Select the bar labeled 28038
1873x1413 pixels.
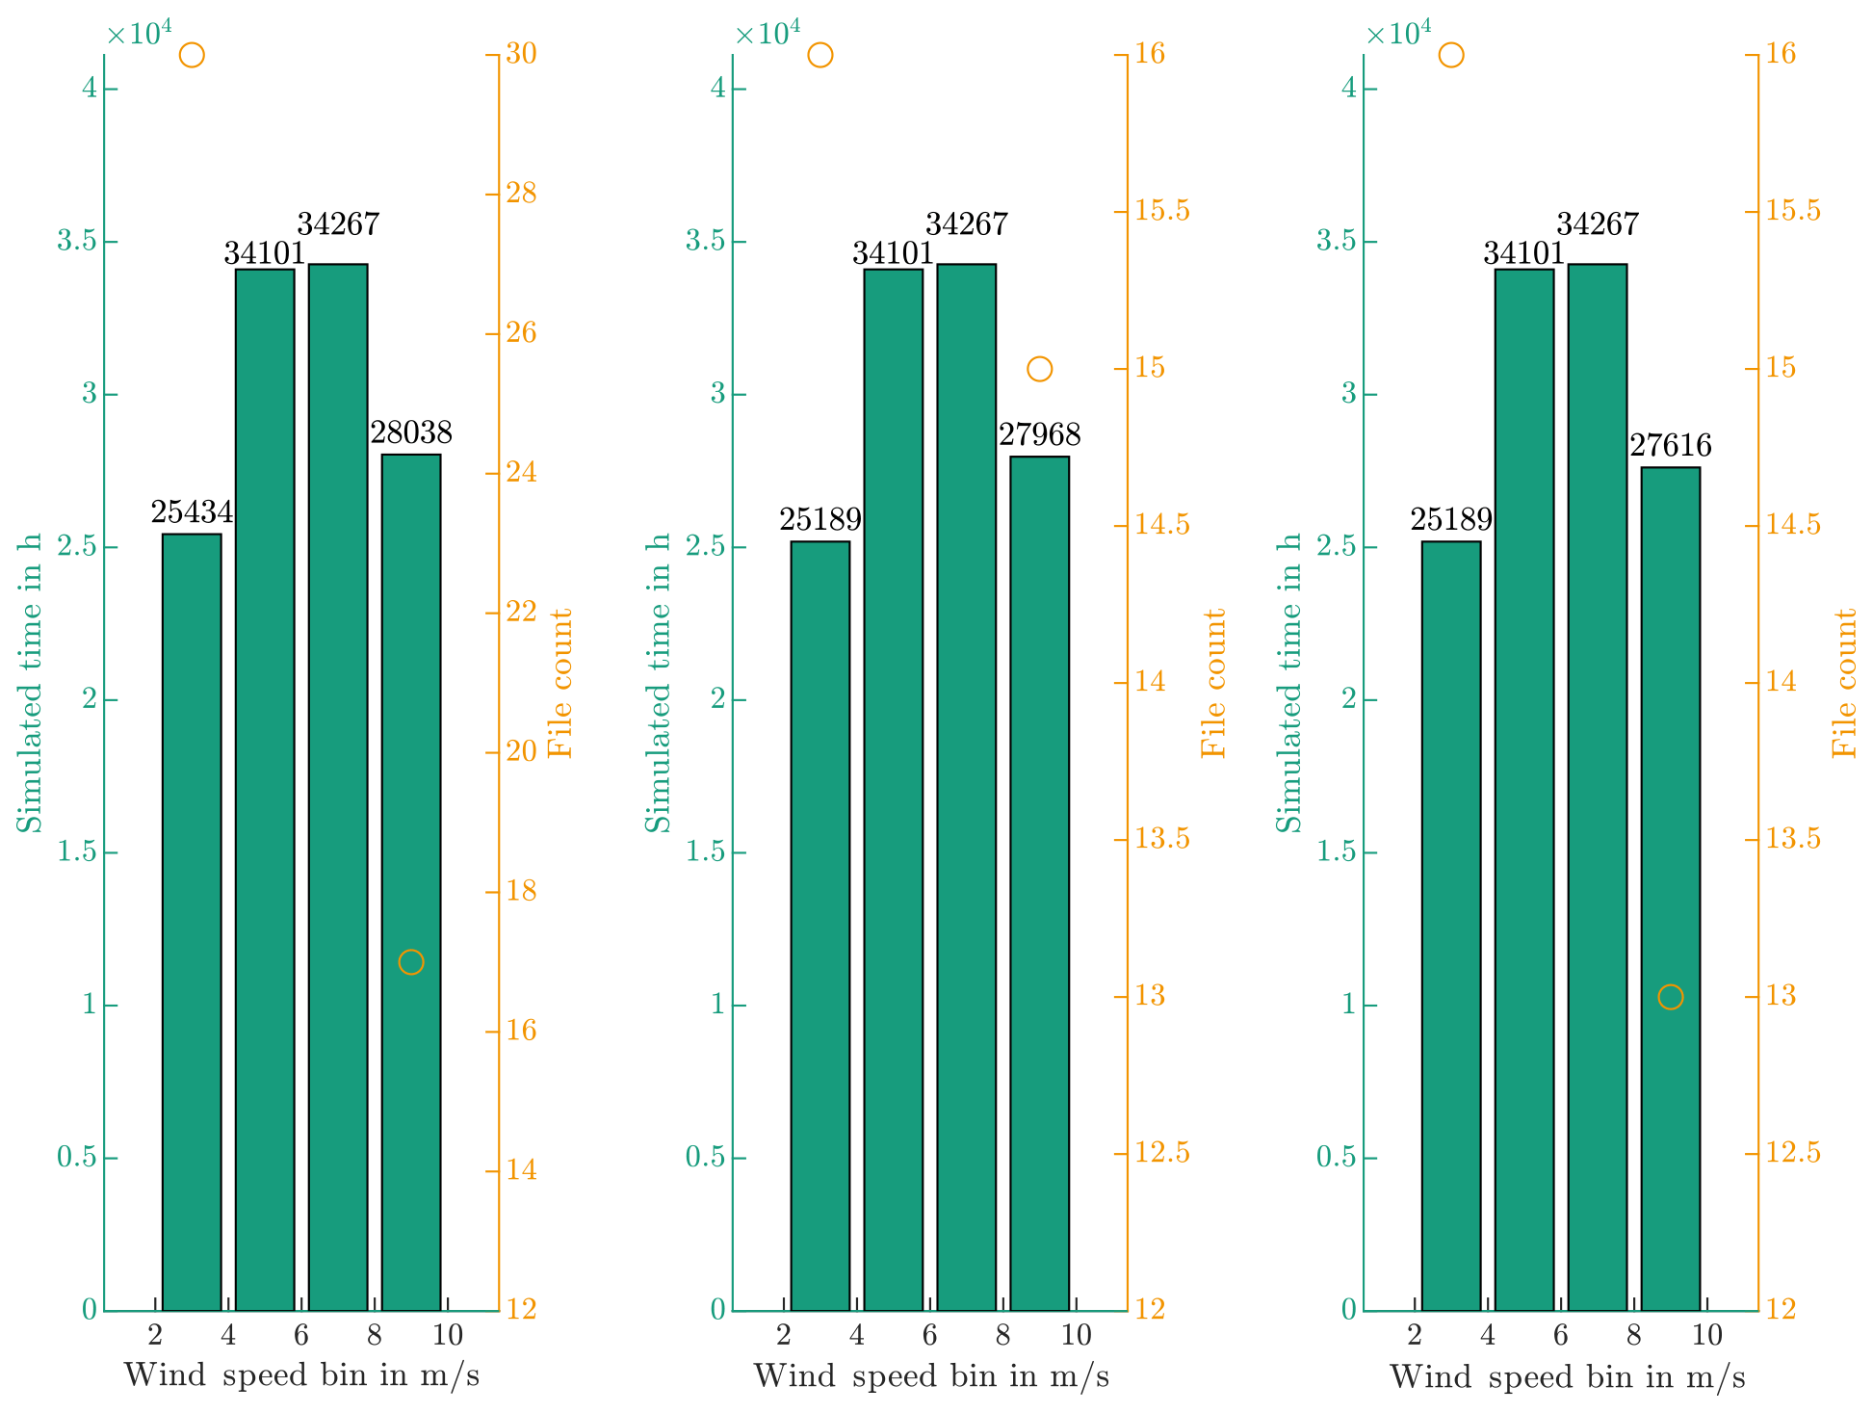(411, 881)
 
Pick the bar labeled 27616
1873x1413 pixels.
(1670, 888)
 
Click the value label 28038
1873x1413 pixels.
(411, 433)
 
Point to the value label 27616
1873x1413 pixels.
(1670, 446)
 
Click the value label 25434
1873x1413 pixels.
(192, 513)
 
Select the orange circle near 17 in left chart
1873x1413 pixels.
(411, 962)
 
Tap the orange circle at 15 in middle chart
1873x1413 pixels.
(1039, 369)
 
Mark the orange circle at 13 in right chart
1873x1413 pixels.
(1671, 997)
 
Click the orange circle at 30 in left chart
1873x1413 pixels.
(192, 55)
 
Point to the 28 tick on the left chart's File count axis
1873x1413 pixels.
(521, 194)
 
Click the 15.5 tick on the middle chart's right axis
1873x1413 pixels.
(1162, 211)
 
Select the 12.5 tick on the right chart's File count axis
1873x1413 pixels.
(1793, 1153)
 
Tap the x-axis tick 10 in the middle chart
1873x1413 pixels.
(1076, 1335)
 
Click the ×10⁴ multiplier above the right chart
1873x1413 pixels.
(1398, 34)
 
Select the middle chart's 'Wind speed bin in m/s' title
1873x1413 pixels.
(930, 1376)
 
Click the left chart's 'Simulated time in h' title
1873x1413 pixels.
(31, 683)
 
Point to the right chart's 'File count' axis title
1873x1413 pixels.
(1843, 683)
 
